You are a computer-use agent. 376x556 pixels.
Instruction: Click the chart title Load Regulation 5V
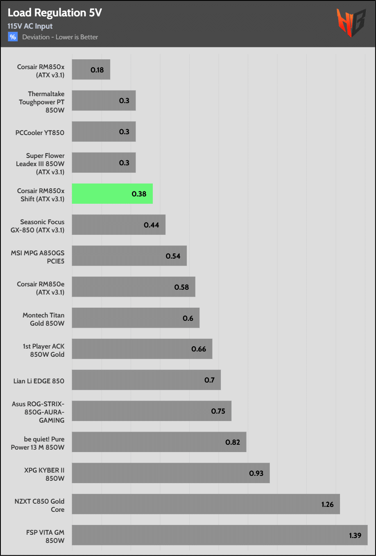click(x=54, y=13)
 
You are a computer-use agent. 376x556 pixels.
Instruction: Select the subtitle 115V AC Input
click(x=30, y=26)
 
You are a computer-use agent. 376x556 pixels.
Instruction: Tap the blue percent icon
click(x=13, y=37)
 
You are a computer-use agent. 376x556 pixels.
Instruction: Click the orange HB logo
click(x=351, y=23)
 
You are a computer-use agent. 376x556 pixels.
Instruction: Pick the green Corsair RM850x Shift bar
click(x=112, y=194)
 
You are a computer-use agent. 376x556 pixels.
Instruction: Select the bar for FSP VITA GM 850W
click(x=220, y=535)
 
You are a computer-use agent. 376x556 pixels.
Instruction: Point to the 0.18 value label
click(x=97, y=70)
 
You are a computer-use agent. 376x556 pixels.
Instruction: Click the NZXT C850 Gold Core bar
click(x=206, y=504)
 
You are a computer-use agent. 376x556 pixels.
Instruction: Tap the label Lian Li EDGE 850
click(x=39, y=381)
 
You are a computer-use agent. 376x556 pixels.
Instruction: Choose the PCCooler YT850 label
click(x=40, y=133)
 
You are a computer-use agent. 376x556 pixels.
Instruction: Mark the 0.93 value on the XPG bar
click(x=256, y=473)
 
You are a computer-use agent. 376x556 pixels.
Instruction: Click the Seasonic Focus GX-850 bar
click(x=119, y=225)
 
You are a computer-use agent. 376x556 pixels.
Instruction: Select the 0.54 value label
click(x=173, y=256)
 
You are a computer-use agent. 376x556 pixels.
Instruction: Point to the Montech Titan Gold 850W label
click(x=43, y=319)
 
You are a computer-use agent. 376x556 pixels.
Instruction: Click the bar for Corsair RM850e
click(x=134, y=287)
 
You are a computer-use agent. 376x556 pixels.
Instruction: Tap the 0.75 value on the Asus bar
click(x=218, y=411)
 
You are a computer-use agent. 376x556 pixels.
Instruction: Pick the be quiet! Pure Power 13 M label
click(x=38, y=443)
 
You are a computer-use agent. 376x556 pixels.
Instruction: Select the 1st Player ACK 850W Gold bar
click(x=142, y=349)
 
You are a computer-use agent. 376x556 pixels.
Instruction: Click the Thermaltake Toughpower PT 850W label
click(x=42, y=102)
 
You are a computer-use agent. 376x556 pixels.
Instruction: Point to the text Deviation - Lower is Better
click(x=60, y=37)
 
